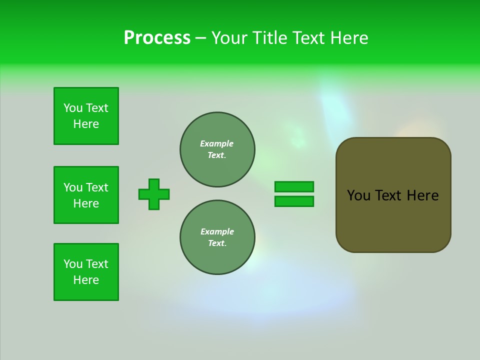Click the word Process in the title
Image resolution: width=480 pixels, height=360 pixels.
(x=157, y=38)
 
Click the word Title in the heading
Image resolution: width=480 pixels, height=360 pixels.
(x=268, y=38)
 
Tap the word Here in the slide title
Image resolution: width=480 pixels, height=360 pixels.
(x=349, y=38)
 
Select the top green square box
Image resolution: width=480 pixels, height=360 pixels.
(x=86, y=116)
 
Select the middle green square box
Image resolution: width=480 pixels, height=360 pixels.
(x=86, y=195)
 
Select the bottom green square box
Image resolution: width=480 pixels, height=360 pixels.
(x=86, y=272)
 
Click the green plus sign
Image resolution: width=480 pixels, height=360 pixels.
(x=154, y=194)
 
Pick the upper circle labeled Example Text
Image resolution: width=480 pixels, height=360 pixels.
(x=217, y=149)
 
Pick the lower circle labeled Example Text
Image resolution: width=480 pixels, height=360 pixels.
(x=217, y=237)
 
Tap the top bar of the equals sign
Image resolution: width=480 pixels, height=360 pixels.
(x=294, y=186)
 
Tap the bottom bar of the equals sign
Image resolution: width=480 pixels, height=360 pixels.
(x=294, y=201)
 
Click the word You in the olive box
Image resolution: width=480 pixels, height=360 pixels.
(x=358, y=195)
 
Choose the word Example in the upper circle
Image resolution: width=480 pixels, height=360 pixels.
(x=217, y=143)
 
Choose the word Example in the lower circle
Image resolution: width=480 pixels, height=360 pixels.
(x=217, y=231)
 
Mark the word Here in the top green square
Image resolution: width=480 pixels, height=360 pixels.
(x=86, y=124)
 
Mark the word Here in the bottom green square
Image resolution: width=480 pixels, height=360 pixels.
(x=86, y=280)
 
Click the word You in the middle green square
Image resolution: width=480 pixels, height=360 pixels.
(x=72, y=187)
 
